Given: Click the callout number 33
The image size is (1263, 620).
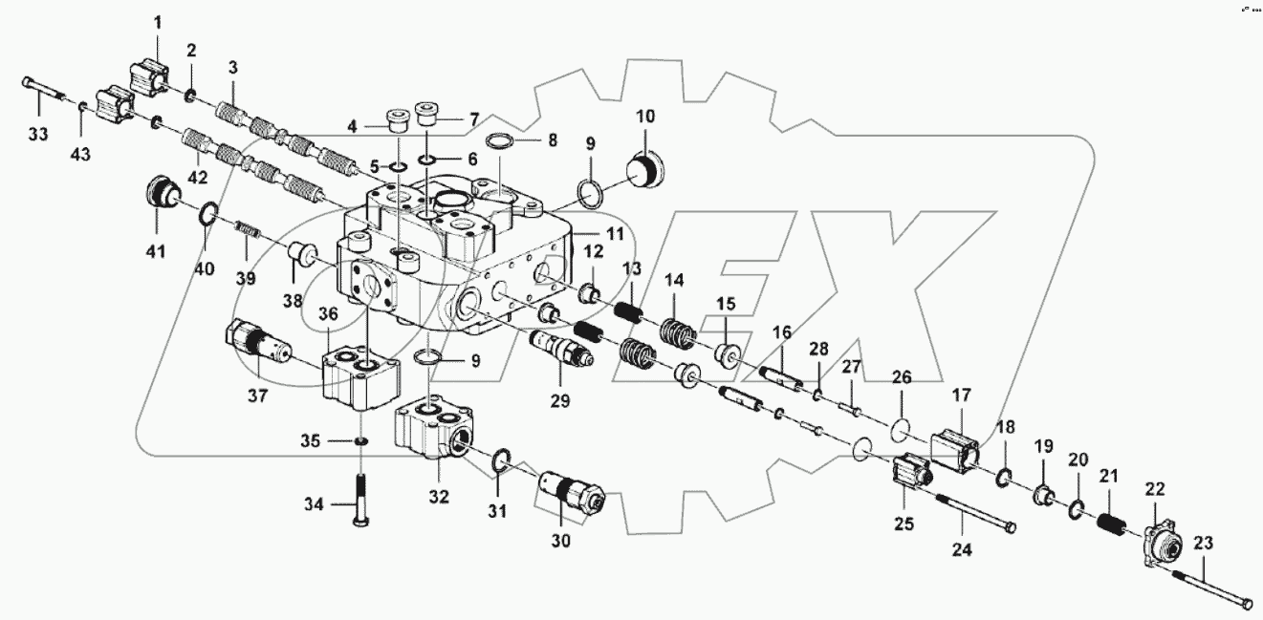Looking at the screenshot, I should [36, 135].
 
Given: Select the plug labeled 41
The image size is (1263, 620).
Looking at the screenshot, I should [160, 194].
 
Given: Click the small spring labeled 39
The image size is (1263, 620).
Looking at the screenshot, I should [249, 231].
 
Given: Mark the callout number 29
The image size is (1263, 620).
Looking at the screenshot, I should [560, 401].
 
